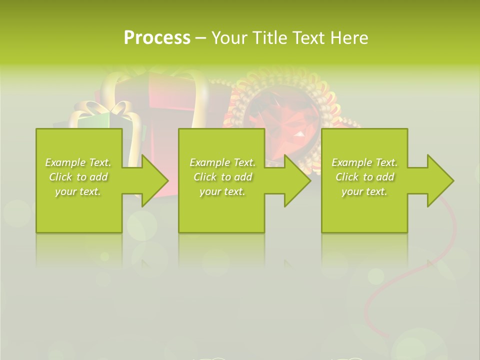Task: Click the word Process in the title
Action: point(157,38)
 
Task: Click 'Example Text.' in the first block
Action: point(78,162)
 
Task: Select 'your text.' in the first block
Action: point(78,191)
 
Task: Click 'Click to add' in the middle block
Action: point(222,177)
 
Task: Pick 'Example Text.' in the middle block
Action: point(222,162)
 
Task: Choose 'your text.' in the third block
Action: point(364,191)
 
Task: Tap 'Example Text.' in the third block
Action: point(364,162)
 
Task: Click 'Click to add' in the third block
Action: point(364,177)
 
